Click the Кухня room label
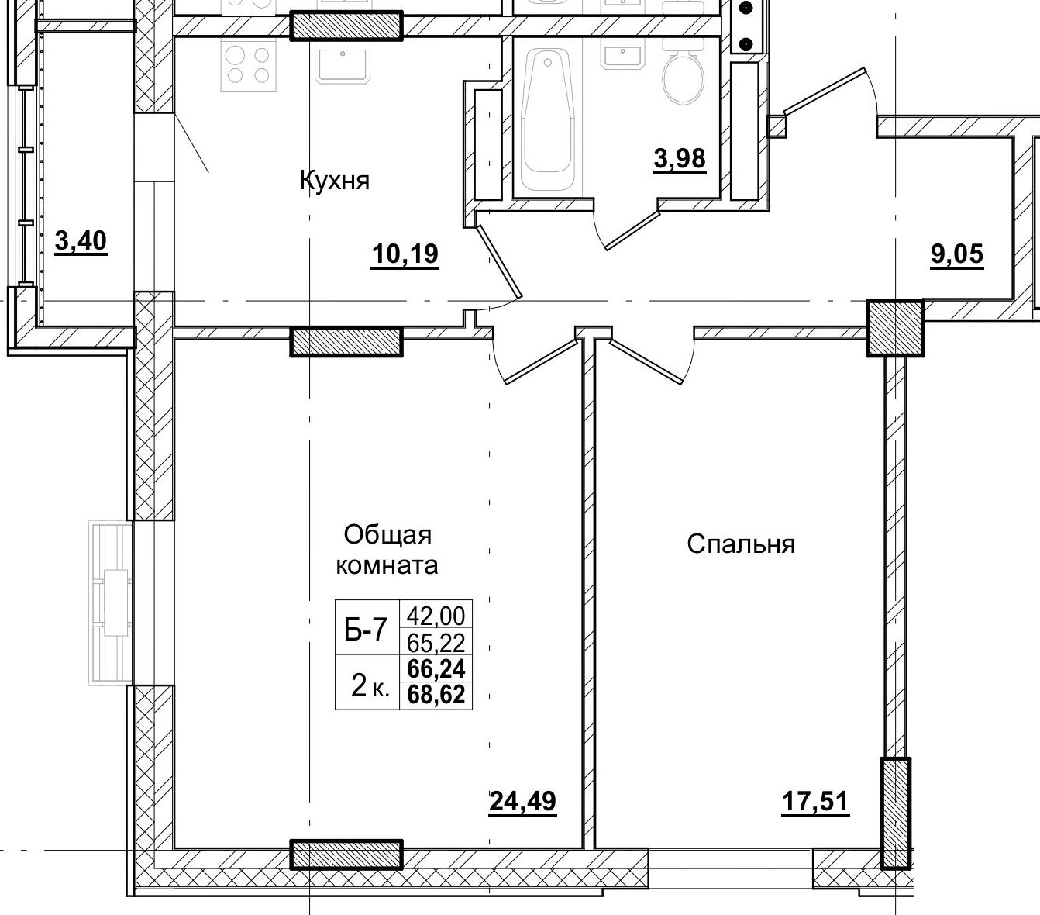coord(334,181)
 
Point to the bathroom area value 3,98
coord(680,159)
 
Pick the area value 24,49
coord(522,801)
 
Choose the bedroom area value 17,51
coord(815,801)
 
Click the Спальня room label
coord(741,544)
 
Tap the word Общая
coord(387,535)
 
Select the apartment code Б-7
coord(365,630)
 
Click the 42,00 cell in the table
coord(436,616)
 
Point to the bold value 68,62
coord(436,695)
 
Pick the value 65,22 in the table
coord(436,642)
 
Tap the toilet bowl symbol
coord(684,78)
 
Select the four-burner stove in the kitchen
coord(249,65)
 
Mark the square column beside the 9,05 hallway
coord(895,328)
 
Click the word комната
coord(386,565)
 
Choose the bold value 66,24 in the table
coord(436,668)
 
